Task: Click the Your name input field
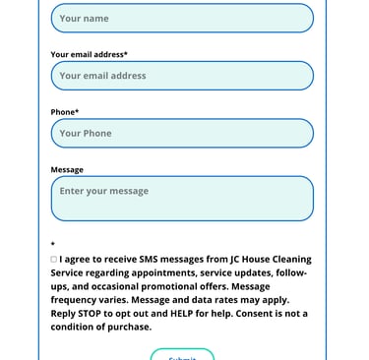182,18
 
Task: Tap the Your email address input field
182,76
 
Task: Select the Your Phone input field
182,133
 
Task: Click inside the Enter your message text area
182,198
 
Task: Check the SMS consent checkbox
54,260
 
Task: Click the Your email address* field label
89,55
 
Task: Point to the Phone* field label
65,112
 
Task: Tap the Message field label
67,169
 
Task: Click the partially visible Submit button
182,355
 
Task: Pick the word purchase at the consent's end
128,327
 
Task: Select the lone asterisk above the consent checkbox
53,245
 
